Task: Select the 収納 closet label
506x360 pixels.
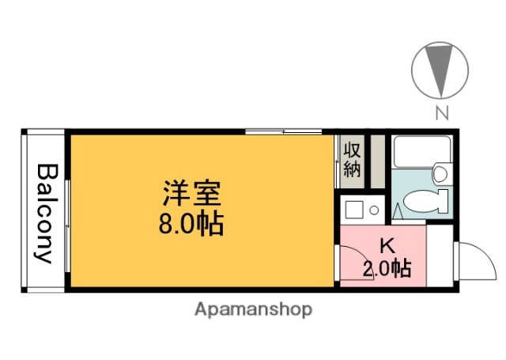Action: (353, 159)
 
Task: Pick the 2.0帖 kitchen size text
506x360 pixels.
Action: (387, 269)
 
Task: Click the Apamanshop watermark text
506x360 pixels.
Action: (253, 309)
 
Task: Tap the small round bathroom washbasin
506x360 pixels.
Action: (441, 172)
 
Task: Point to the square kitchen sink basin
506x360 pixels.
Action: (354, 210)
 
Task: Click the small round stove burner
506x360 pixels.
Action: (374, 210)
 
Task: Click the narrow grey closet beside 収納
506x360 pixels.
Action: (377, 162)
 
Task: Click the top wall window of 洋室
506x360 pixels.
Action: (282, 131)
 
